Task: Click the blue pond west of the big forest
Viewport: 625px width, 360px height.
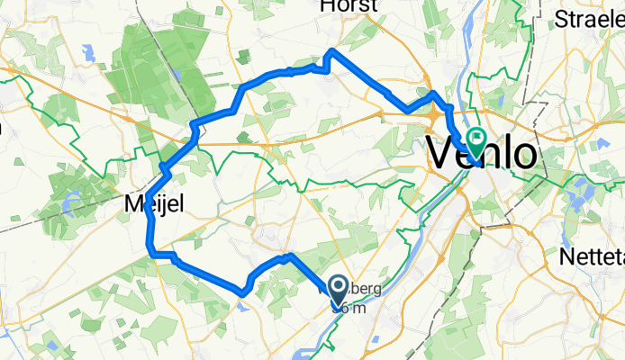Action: click(x=87, y=53)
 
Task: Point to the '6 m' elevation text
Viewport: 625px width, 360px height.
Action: click(x=349, y=308)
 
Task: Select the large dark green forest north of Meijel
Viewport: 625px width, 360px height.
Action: click(x=149, y=72)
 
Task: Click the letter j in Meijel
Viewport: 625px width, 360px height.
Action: click(x=165, y=207)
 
